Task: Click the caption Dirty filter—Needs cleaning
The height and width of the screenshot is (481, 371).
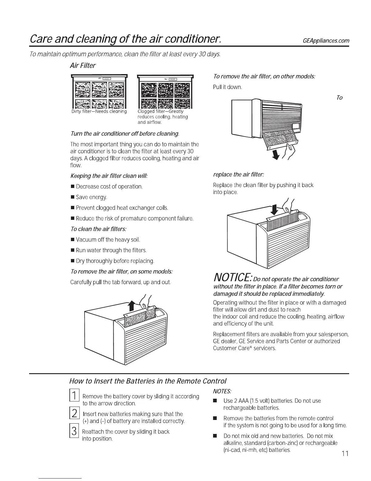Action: click(99, 111)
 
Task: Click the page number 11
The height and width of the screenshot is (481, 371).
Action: click(345, 454)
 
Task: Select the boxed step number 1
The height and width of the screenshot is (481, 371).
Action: click(74, 395)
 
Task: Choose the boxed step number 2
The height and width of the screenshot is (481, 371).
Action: click(74, 413)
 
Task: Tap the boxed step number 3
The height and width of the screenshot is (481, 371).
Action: click(74, 431)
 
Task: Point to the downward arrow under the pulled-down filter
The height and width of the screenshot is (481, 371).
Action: click(276, 155)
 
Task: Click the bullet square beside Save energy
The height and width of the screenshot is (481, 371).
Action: click(72, 197)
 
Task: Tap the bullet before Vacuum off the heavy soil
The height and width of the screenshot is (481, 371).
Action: click(72, 240)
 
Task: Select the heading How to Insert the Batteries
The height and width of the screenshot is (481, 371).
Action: click(148, 381)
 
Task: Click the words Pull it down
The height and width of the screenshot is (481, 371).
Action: click(227, 87)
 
